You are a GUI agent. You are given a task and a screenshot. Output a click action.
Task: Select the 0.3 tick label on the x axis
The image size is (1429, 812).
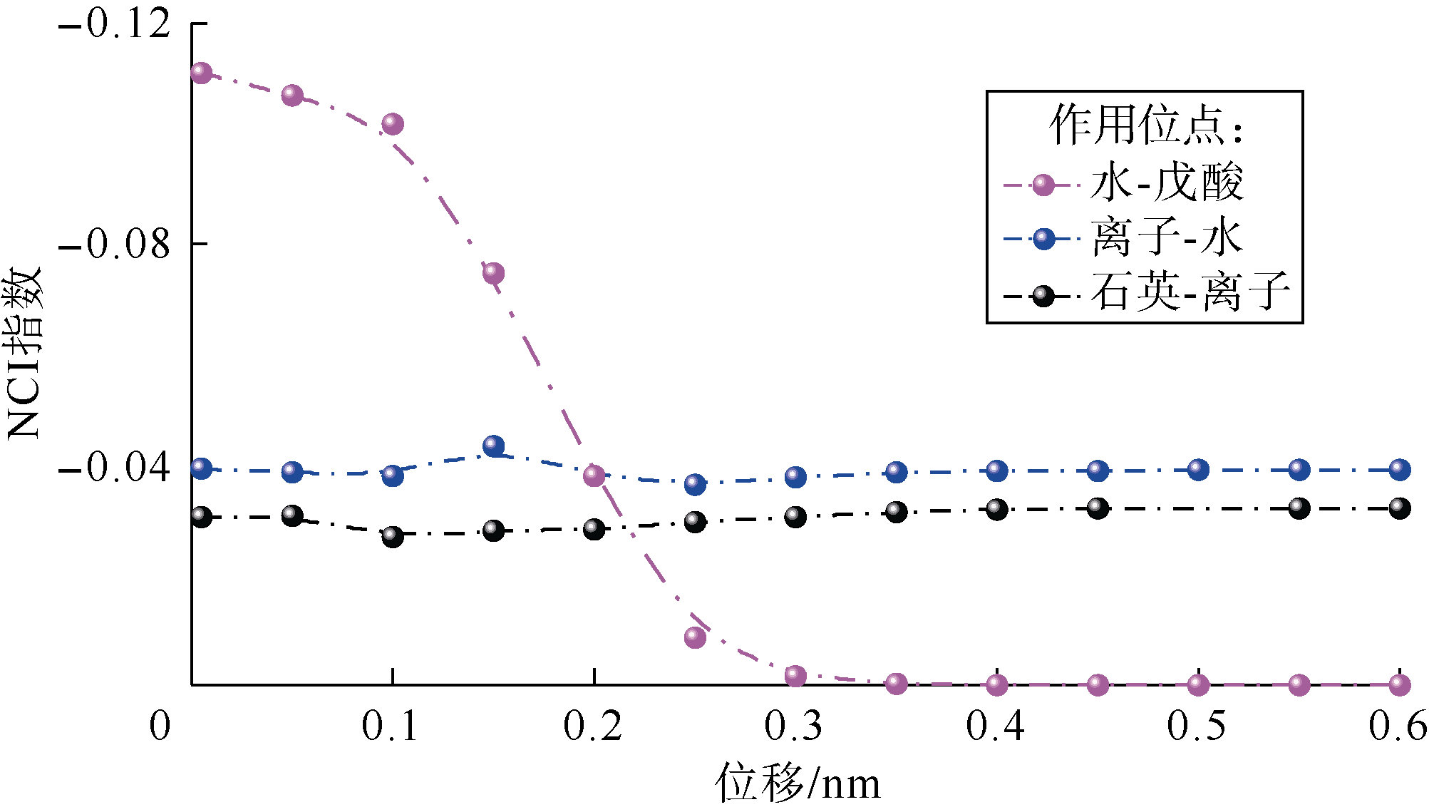pyautogui.click(x=794, y=726)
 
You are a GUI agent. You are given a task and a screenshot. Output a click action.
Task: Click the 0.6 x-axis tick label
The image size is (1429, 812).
pyautogui.click(x=1398, y=726)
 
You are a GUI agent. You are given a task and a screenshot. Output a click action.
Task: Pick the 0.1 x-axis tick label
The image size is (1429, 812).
pyautogui.click(x=391, y=726)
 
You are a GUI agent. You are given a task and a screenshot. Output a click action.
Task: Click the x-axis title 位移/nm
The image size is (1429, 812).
pyautogui.click(x=798, y=783)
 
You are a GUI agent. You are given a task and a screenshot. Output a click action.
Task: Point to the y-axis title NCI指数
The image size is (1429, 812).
pyautogui.click(x=24, y=354)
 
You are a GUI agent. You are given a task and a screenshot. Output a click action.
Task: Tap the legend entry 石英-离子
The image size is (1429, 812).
pyautogui.click(x=1190, y=292)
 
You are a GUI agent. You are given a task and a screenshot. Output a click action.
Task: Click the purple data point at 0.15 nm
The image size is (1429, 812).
pyautogui.click(x=493, y=273)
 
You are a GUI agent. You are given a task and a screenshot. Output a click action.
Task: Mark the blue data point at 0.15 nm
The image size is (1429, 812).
pyautogui.click(x=493, y=446)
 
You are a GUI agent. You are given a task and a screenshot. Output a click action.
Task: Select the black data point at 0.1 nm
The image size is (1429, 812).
pyautogui.click(x=392, y=536)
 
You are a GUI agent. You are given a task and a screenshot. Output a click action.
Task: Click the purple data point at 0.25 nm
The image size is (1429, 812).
pyautogui.click(x=695, y=637)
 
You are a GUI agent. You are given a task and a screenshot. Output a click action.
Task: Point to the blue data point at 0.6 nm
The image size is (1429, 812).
pyautogui.click(x=1400, y=469)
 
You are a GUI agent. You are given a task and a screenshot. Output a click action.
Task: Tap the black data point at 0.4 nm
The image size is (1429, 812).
pyautogui.click(x=997, y=509)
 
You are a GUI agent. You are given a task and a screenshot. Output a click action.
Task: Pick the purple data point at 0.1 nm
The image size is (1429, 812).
pyautogui.click(x=392, y=124)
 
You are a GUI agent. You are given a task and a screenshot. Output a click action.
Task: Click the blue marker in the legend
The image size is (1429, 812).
pyautogui.click(x=1043, y=239)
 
